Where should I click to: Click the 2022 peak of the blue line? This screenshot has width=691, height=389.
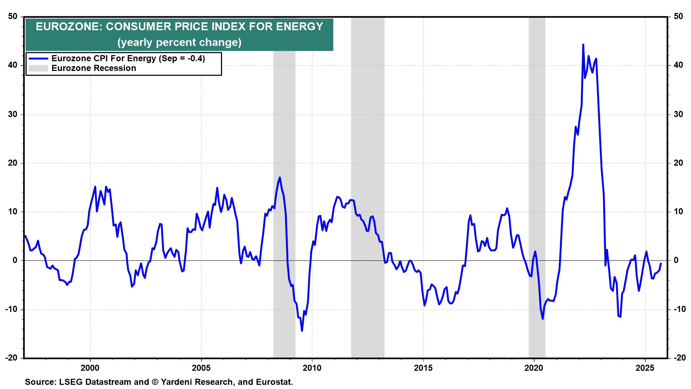tap(583, 45)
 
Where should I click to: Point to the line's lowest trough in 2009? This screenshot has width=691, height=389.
tap(302, 331)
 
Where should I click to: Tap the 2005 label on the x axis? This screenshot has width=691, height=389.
tap(201, 368)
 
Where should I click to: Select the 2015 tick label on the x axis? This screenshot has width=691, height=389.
tap(423, 368)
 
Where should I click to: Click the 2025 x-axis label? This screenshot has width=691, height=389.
tap(645, 368)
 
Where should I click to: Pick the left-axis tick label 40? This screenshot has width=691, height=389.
tap(13, 65)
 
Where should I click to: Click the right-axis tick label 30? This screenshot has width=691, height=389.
tap(678, 114)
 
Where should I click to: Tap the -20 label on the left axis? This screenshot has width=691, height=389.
tap(11, 358)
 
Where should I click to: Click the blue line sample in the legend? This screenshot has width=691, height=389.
tap(38, 58)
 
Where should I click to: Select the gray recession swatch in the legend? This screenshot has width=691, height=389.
tap(38, 68)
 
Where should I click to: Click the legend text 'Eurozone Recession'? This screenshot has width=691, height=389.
tap(94, 68)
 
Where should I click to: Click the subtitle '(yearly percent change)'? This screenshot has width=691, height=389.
tap(179, 42)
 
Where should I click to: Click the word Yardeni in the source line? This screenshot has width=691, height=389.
tap(177, 382)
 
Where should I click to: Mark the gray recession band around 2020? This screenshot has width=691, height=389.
tap(537, 180)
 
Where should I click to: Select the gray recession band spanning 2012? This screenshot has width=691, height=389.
tap(367, 180)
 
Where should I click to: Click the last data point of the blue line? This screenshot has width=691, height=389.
tap(661, 263)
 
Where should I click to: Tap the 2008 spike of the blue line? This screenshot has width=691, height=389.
tap(280, 178)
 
